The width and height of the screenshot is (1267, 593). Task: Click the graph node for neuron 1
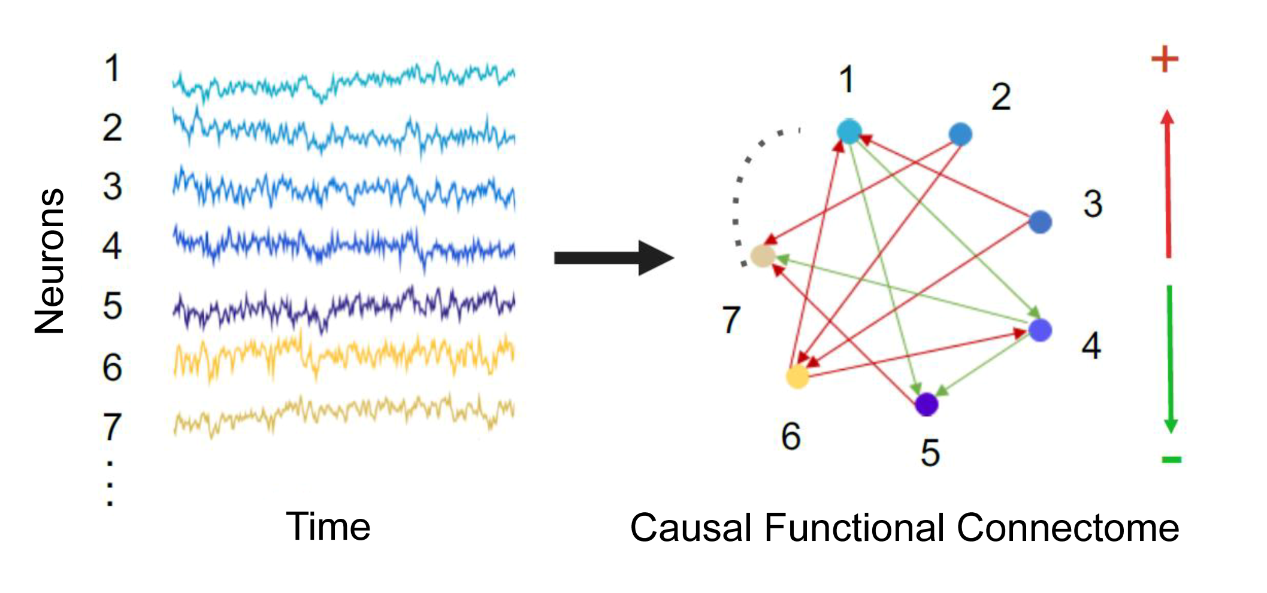[849, 131]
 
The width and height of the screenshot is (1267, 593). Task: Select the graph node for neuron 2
[960, 134]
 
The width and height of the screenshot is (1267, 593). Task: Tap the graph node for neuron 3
[1040, 222]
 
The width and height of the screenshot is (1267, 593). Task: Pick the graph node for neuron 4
[1040, 330]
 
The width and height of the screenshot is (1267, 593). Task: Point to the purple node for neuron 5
[927, 405]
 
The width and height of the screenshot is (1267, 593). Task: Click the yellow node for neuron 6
[797, 376]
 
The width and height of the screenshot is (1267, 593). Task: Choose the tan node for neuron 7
[763, 256]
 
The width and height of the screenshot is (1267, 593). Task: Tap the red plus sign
[1165, 59]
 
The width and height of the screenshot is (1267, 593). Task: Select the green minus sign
[1171, 460]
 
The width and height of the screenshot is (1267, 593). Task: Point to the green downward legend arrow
[1170, 359]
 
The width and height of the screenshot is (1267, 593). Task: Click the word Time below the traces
[328, 527]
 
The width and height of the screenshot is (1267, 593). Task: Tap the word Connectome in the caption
[1068, 528]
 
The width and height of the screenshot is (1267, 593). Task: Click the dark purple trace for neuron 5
[344, 305]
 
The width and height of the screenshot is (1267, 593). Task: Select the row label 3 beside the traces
[113, 187]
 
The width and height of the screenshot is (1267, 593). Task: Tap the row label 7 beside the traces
[113, 427]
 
